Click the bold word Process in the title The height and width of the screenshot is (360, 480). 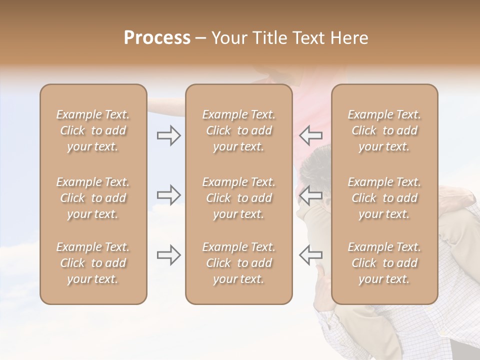pyautogui.click(x=157, y=38)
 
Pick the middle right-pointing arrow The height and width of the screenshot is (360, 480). pyautogui.click(x=169, y=194)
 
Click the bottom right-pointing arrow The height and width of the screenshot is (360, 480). pyautogui.click(x=169, y=255)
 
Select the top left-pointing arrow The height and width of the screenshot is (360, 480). pyautogui.click(x=310, y=135)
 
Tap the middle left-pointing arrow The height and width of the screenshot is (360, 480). pyautogui.click(x=310, y=194)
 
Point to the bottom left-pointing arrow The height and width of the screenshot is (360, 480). pyautogui.click(x=310, y=254)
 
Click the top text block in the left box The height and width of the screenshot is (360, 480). pyautogui.click(x=93, y=130)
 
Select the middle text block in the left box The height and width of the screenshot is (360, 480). pyautogui.click(x=93, y=198)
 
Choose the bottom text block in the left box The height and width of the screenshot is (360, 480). pyautogui.click(x=93, y=263)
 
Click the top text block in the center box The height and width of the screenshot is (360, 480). pyautogui.click(x=238, y=130)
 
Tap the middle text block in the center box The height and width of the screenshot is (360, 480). pyautogui.click(x=238, y=198)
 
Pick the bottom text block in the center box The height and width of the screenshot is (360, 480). pyautogui.click(x=238, y=263)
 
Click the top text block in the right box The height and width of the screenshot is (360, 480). pyautogui.click(x=384, y=130)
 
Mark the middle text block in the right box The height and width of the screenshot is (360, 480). pyautogui.click(x=384, y=198)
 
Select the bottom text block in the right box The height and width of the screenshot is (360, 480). pyautogui.click(x=384, y=263)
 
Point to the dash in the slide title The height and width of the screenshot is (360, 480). pyautogui.click(x=201, y=38)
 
